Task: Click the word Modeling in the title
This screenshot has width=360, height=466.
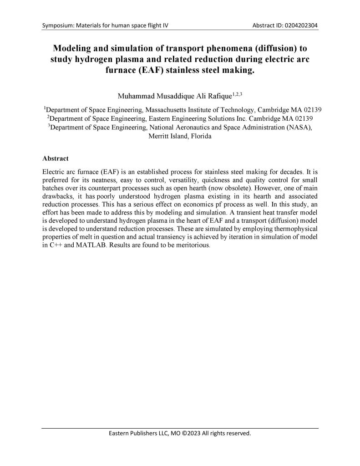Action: [73, 48]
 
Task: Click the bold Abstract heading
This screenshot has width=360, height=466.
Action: [55, 159]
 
